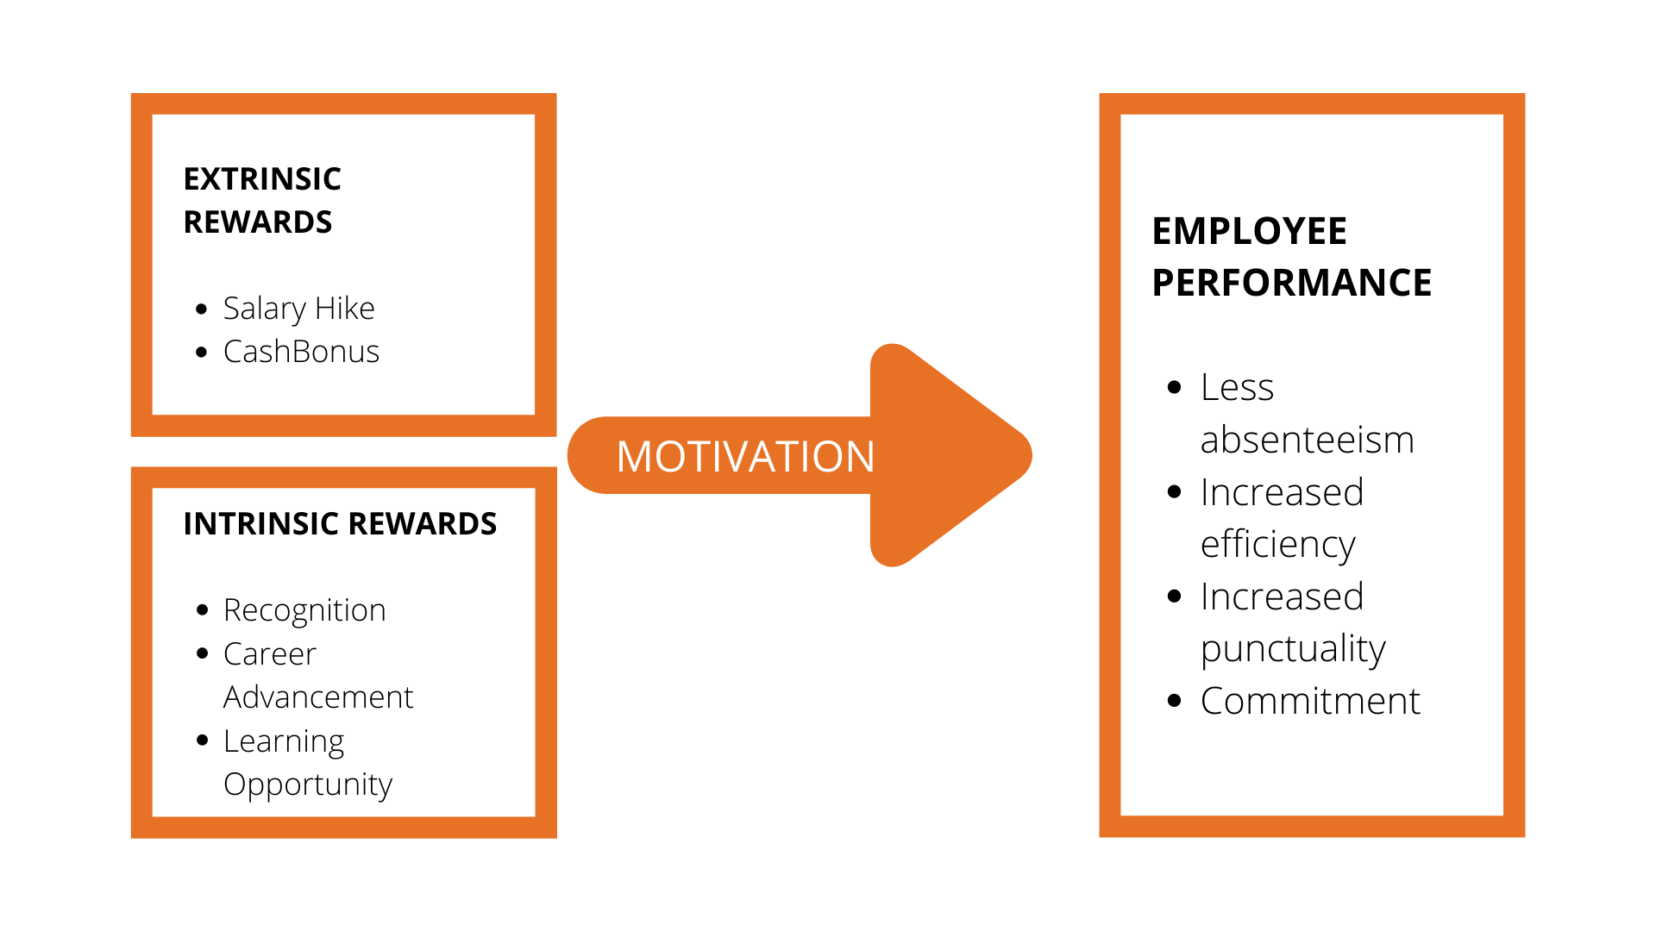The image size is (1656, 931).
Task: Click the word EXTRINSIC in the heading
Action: (262, 179)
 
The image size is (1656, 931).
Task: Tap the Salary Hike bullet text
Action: (298, 309)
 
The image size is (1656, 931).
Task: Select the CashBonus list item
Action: (301, 352)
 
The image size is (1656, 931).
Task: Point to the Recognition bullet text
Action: (304, 610)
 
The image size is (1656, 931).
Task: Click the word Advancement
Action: (318, 697)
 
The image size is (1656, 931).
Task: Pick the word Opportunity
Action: (308, 784)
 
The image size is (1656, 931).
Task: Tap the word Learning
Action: (284, 741)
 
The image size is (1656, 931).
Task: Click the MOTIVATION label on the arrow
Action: (745, 456)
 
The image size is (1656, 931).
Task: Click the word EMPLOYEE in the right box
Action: (1249, 231)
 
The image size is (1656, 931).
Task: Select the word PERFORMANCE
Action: (1291, 283)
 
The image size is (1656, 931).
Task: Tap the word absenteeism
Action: (1307, 440)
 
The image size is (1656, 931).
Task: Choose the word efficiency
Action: (1278, 545)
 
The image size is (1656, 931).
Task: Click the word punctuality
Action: (1293, 649)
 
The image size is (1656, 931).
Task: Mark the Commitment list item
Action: (1310, 701)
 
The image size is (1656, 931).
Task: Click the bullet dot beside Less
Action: (1174, 388)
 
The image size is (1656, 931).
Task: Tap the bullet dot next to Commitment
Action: (1174, 701)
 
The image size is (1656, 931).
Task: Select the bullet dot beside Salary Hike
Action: (202, 309)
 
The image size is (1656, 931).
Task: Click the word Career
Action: (270, 654)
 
